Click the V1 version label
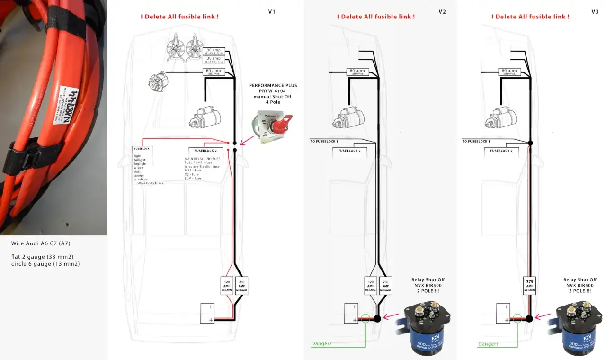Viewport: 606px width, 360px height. tap(272, 12)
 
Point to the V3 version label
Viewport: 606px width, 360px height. tap(595, 12)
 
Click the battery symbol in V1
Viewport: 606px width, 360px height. tap(207, 313)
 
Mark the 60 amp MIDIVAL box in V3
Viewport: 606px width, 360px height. tap(509, 72)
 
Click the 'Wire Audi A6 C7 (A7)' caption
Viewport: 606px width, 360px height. tap(41, 244)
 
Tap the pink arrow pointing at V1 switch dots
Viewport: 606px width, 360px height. tap(245, 140)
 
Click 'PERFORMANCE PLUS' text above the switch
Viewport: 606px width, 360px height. tap(273, 85)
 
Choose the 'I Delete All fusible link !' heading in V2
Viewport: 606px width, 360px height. tap(376, 17)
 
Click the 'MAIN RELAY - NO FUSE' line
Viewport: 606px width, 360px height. tap(202, 159)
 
